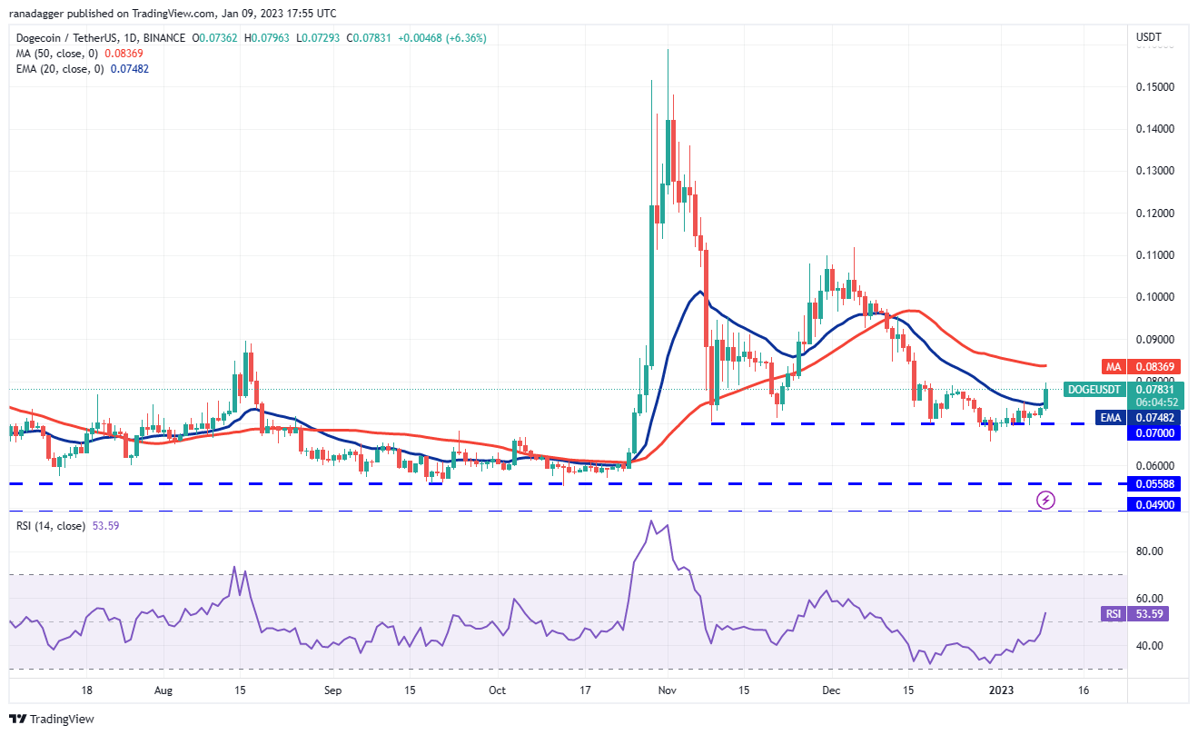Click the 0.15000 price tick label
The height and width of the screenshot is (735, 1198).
pos(1154,87)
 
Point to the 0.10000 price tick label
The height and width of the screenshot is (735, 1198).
pos(1154,297)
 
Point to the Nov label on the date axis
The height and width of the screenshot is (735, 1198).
pos(668,690)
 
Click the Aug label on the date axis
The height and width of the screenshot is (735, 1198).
pos(163,690)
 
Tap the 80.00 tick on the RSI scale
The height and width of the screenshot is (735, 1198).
pos(1151,551)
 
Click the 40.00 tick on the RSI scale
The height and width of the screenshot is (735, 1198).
pos(1151,646)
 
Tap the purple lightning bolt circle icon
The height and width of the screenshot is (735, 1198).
pos(1045,500)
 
